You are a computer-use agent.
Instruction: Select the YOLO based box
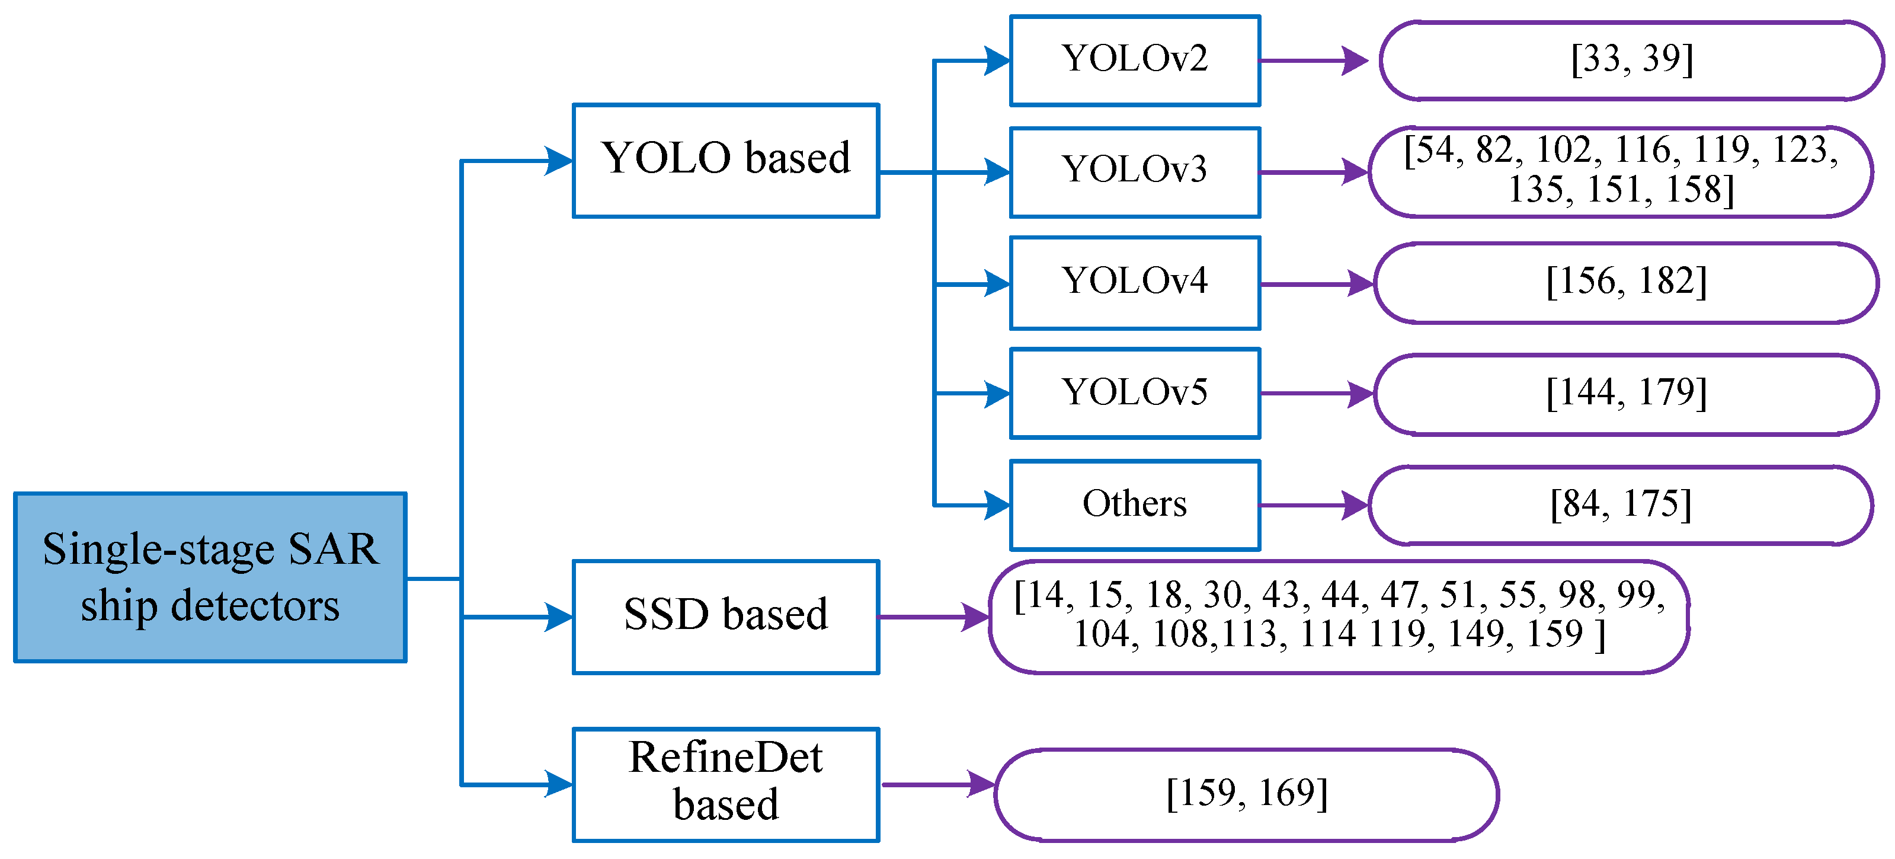click(x=725, y=161)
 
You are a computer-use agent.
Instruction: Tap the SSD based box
click(x=725, y=617)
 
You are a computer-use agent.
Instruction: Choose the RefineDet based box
click(x=725, y=785)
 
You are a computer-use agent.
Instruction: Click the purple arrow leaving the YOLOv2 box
click(x=1314, y=60)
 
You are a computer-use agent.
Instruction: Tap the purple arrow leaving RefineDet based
click(x=938, y=785)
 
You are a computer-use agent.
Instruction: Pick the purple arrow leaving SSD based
click(x=934, y=617)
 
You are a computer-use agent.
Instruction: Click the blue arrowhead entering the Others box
click(x=997, y=506)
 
